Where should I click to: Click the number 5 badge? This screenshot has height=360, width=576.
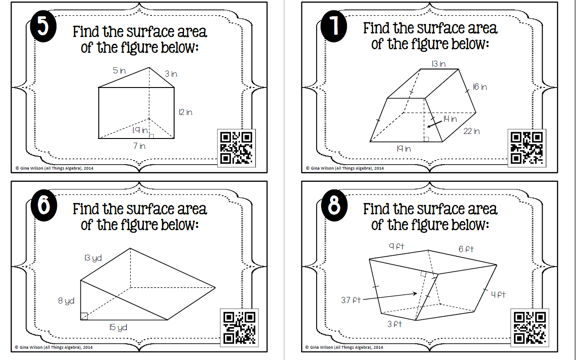[x=43, y=26]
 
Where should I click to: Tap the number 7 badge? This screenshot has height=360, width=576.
[x=334, y=26]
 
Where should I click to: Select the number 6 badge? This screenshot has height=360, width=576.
[x=44, y=205]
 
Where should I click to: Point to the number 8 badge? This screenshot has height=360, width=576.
[x=334, y=205]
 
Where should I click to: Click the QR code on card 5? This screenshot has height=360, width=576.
[x=236, y=148]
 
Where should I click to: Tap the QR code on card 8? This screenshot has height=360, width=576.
[x=530, y=328]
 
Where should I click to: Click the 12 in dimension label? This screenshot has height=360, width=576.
[x=185, y=112]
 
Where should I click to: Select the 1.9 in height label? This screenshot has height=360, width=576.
[x=140, y=130]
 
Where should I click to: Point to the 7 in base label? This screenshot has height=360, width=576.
[x=139, y=146]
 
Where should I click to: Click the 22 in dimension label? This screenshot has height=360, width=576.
[x=471, y=131]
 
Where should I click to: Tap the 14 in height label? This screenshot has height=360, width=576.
[x=450, y=119]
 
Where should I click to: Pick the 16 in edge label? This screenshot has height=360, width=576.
[x=480, y=87]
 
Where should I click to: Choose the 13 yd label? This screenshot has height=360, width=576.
[x=93, y=258]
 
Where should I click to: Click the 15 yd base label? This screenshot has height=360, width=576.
[x=118, y=328]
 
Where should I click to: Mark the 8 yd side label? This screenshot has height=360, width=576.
[x=66, y=300]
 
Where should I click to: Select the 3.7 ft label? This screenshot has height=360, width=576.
[x=351, y=300]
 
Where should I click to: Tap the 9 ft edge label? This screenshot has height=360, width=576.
[x=396, y=246]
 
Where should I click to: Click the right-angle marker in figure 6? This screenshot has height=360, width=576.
[x=84, y=316]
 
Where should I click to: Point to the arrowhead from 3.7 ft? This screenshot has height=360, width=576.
[x=415, y=293]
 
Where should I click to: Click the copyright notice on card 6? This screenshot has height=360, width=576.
[x=54, y=347]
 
